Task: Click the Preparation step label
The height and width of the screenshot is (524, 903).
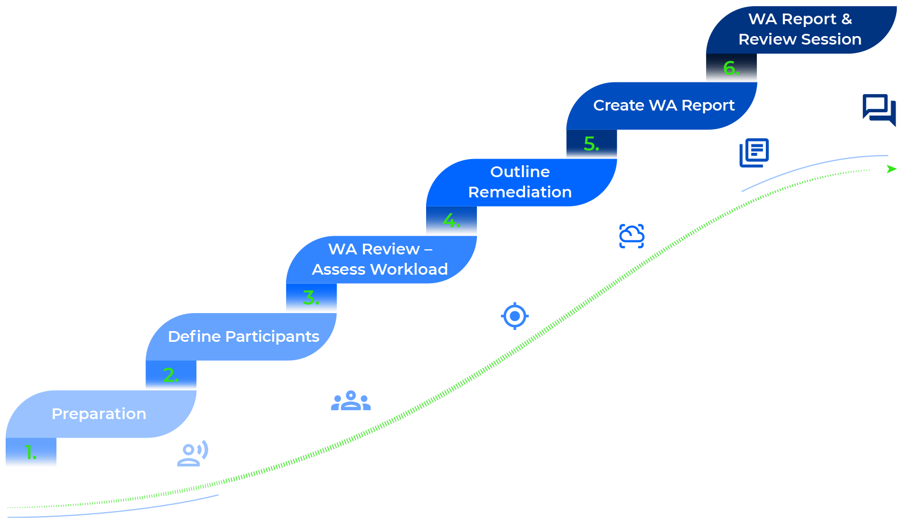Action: pyautogui.click(x=99, y=414)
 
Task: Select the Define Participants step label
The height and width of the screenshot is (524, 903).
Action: pyautogui.click(x=243, y=337)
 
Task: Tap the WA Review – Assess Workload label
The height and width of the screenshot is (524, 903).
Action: pyautogui.click(x=380, y=259)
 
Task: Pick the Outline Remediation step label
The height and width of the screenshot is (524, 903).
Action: pyautogui.click(x=520, y=182)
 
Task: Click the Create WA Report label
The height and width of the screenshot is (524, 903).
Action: pyautogui.click(x=664, y=105)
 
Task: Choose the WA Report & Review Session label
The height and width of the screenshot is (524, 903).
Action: pyautogui.click(x=800, y=29)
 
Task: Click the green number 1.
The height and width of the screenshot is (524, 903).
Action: pyautogui.click(x=30, y=452)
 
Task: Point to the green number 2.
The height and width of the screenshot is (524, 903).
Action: pyautogui.click(x=170, y=375)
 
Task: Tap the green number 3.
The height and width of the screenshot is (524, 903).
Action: pyautogui.click(x=310, y=297)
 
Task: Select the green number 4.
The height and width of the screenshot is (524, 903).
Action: pyautogui.click(x=451, y=220)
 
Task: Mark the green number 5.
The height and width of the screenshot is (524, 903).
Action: pyautogui.click(x=591, y=144)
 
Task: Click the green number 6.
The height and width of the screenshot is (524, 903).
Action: pyautogui.click(x=731, y=68)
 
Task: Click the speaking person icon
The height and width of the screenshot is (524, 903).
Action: pyautogui.click(x=192, y=453)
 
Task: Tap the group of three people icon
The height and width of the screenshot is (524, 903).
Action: pyautogui.click(x=350, y=400)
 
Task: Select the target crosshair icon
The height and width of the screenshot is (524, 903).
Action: pyautogui.click(x=515, y=316)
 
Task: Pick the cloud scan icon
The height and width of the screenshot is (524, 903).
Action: pyautogui.click(x=632, y=236)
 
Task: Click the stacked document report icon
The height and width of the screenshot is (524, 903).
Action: pyautogui.click(x=754, y=152)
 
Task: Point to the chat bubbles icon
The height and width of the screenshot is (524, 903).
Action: pyautogui.click(x=879, y=109)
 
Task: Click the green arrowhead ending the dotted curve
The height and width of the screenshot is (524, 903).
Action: pyautogui.click(x=892, y=169)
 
